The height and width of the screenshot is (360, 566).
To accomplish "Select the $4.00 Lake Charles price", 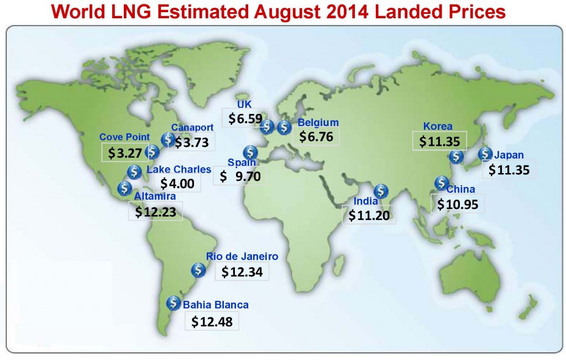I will coord(177,183).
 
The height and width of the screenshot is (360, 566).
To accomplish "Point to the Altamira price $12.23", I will coord(155,211).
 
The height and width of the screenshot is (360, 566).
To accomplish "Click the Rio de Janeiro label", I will coord(242,257).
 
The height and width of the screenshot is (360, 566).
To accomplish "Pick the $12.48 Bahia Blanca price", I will coord(212,321).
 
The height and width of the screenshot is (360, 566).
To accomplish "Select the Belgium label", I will coord(318,123).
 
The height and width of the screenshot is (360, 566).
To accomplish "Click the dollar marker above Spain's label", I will coord(250,152).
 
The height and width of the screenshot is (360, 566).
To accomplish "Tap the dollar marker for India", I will coord(381,192).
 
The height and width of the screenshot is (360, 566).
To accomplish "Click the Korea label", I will coord(438,126).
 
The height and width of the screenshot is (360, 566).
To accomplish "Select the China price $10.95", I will coord(457,204).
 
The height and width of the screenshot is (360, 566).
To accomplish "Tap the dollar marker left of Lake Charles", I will coord(134,171).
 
